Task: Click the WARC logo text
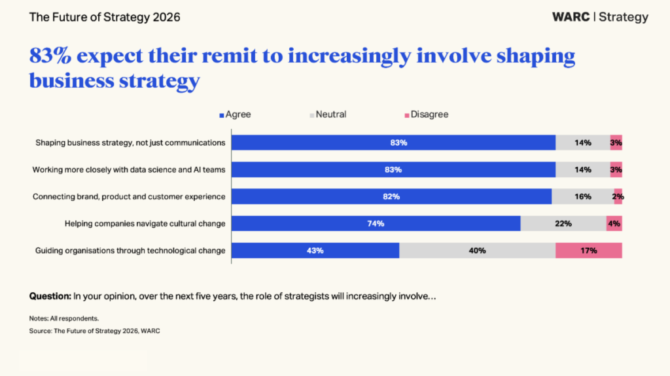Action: [571, 17]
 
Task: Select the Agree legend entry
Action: [235, 114]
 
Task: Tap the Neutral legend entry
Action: [328, 114]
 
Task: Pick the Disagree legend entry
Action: [427, 114]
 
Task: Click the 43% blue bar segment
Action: [315, 250]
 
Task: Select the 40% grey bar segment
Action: [477, 250]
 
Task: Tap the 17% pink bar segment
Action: [589, 250]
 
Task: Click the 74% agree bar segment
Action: [376, 224]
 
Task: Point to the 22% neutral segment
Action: [563, 224]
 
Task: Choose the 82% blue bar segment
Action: [391, 197]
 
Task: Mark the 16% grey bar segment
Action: [583, 197]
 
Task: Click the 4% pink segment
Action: [614, 224]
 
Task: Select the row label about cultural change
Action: [145, 224]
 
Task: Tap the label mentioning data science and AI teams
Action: [129, 169]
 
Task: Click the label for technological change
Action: [130, 250]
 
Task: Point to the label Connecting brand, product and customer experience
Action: [129, 197]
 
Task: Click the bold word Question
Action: [50, 296]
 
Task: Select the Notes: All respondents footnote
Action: [63, 318]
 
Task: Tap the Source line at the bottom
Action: [94, 331]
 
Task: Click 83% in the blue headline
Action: [50, 56]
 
